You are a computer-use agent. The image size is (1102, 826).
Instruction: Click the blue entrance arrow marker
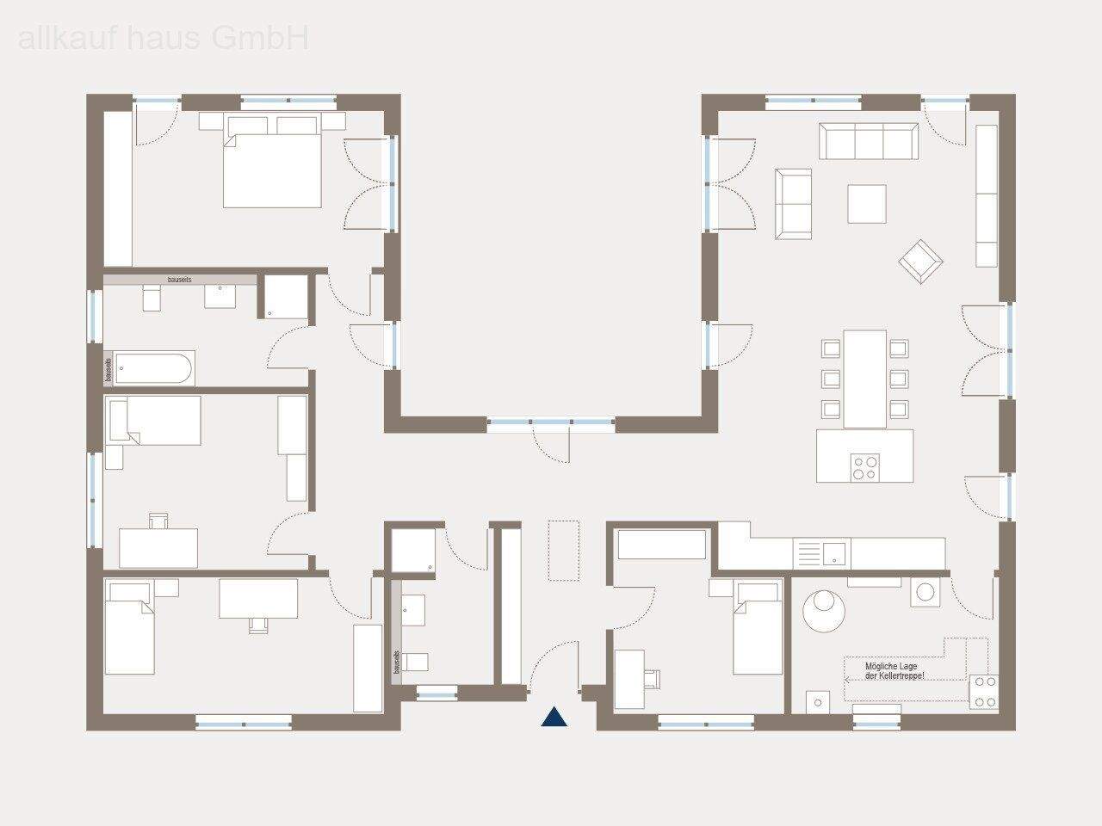pyautogui.click(x=554, y=716)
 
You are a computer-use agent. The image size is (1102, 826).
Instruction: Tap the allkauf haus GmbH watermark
pyautogui.click(x=163, y=38)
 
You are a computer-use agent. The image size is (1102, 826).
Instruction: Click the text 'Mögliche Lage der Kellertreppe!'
pyautogui.click(x=895, y=671)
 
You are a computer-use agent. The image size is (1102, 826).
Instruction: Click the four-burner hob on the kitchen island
pyautogui.click(x=865, y=467)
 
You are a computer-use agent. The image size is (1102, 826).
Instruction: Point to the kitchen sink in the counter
pyautogui.click(x=833, y=552)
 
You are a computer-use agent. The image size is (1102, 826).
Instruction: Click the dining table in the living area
pyautogui.click(x=864, y=379)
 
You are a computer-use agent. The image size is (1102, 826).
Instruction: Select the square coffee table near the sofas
pyautogui.click(x=866, y=204)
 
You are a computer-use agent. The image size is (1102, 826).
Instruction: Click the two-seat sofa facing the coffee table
pyautogui.click(x=793, y=204)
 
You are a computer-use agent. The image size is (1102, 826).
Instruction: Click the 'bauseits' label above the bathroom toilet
pyautogui.click(x=179, y=280)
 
